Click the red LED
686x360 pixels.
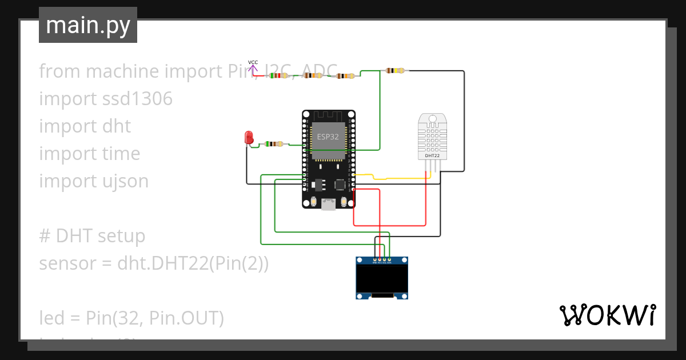point(249,137)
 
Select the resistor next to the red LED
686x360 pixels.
point(274,144)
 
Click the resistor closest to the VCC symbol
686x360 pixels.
point(278,75)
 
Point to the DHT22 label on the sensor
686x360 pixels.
point(432,155)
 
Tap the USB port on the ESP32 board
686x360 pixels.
point(329,205)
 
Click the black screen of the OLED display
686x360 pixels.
point(382,278)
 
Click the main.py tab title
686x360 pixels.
point(88,25)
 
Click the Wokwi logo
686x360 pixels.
point(607,315)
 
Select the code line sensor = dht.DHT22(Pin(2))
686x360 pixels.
point(153,264)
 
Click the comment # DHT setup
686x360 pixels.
point(92,236)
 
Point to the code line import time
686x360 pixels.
point(89,154)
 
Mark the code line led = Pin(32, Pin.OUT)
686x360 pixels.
point(131,318)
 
